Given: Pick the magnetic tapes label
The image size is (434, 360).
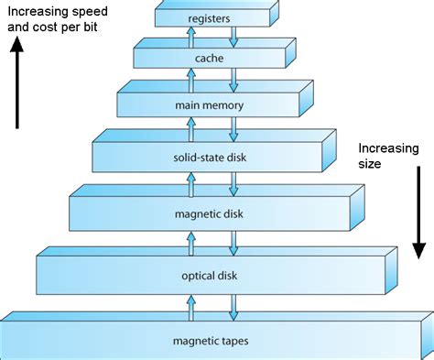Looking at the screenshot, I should [x=212, y=343].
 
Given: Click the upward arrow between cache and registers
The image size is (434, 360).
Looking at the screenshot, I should [x=191, y=38].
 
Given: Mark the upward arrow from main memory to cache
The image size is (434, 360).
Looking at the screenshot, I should [x=191, y=80].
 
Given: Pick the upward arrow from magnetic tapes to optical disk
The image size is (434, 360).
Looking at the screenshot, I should [x=191, y=306].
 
